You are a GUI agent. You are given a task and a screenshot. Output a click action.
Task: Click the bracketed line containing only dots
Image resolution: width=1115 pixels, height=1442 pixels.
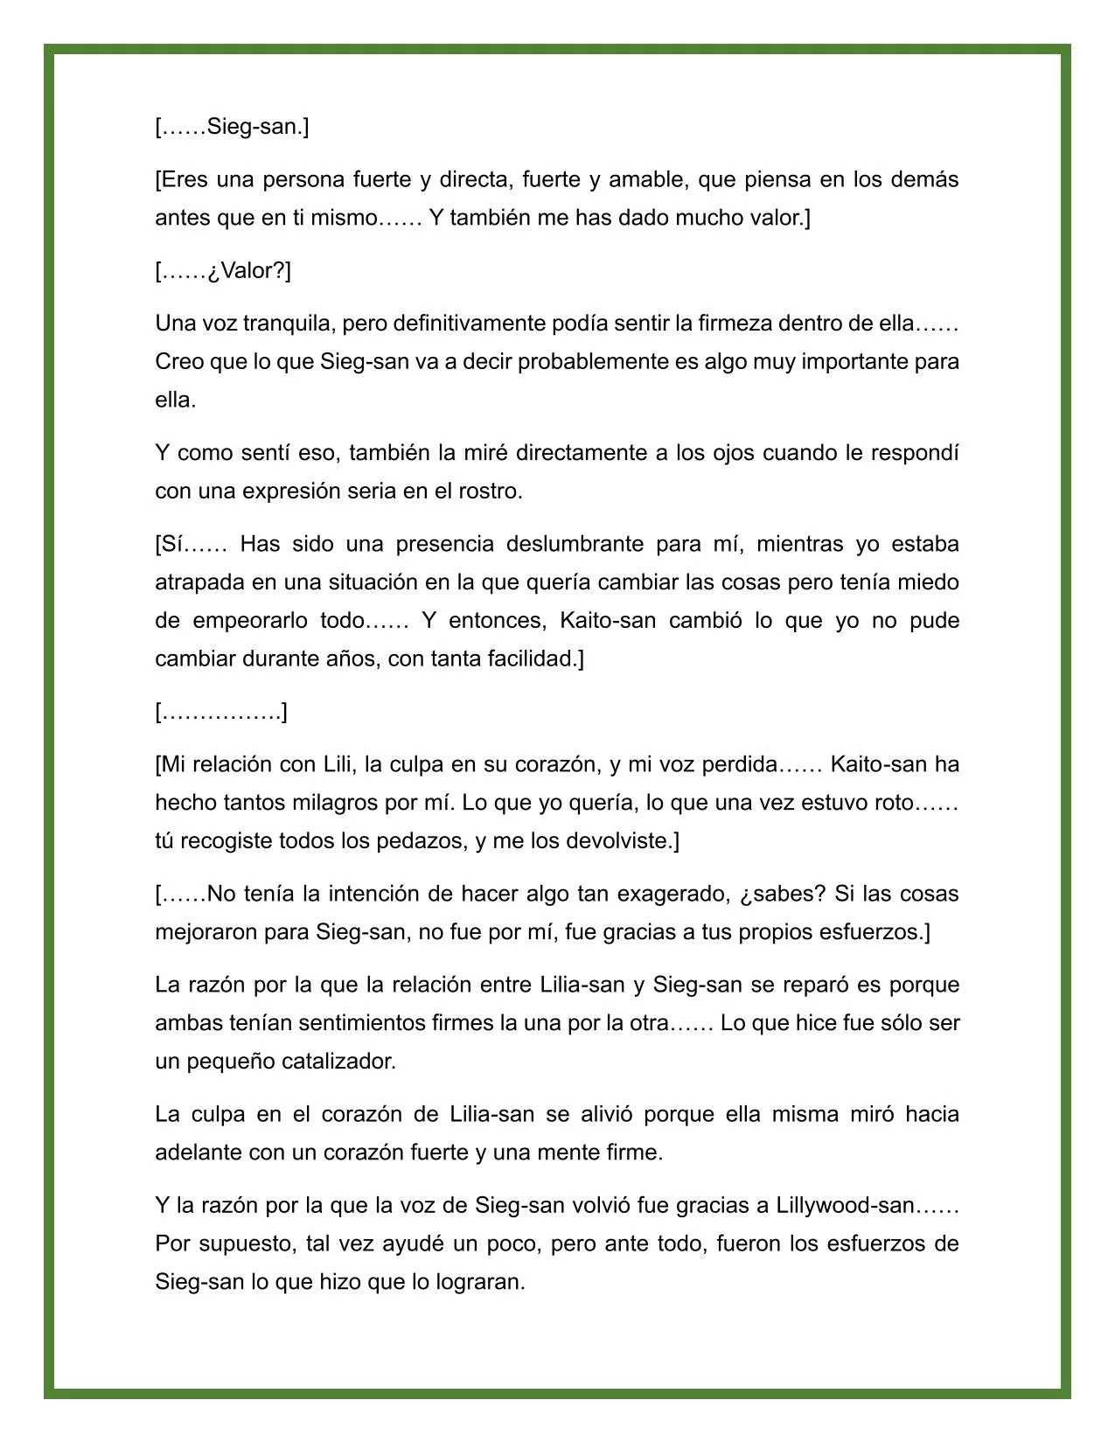click(221, 712)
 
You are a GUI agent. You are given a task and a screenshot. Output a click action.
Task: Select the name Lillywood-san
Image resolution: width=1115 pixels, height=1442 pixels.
click(843, 1205)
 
